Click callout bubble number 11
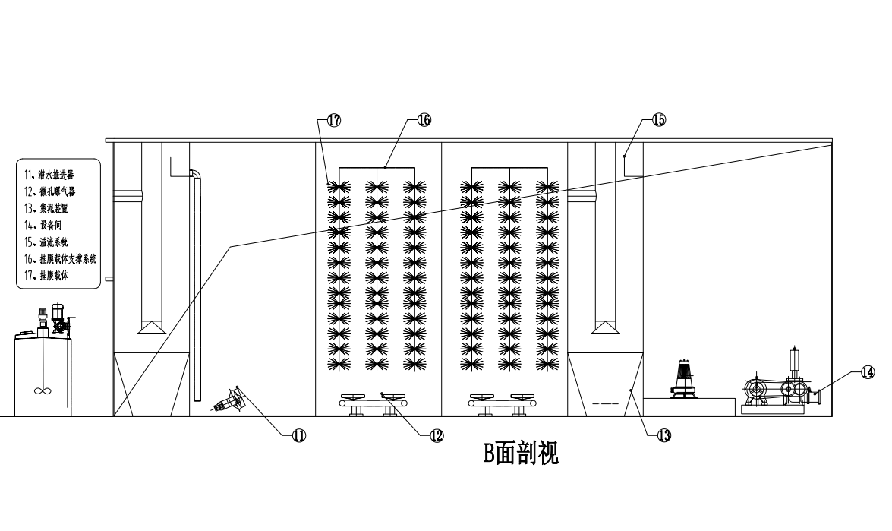[x=299, y=435]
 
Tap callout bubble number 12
[x=437, y=435]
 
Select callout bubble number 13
[x=663, y=435]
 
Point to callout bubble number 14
[x=867, y=372]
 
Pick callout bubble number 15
[x=659, y=119]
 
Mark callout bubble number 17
[x=334, y=119]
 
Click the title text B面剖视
[x=522, y=454]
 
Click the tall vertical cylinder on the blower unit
[x=796, y=359]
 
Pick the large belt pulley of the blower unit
[x=758, y=390]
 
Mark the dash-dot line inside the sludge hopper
[x=600, y=401]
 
